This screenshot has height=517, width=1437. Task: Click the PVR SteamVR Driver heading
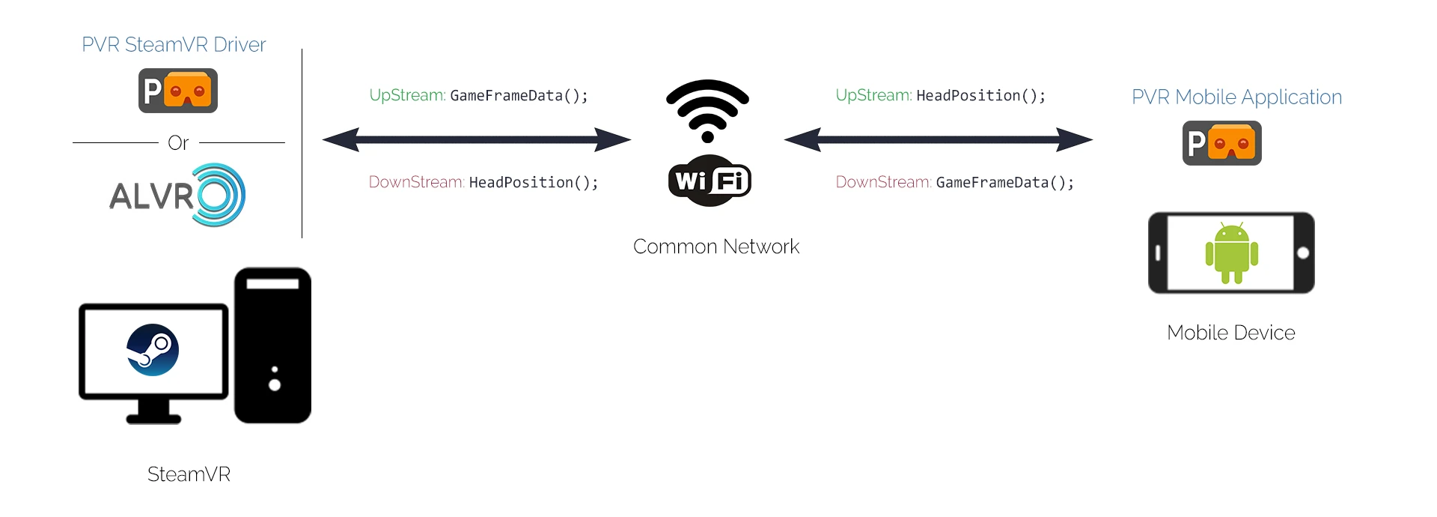pyautogui.click(x=174, y=45)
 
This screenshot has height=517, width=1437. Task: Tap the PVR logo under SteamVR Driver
pyautogui.click(x=178, y=91)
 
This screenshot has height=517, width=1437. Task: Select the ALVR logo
pyautogui.click(x=178, y=195)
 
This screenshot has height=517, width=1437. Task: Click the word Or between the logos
pyautogui.click(x=178, y=142)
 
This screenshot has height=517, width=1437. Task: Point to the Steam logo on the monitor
pyautogui.click(x=153, y=350)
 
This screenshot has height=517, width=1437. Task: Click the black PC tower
pyautogui.click(x=272, y=345)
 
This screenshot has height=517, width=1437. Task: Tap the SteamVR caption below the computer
pyautogui.click(x=189, y=474)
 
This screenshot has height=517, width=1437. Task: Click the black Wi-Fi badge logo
pyautogui.click(x=710, y=181)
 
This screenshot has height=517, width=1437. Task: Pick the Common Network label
pyautogui.click(x=716, y=247)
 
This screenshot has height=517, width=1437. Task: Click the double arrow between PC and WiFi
pyautogui.click(x=477, y=139)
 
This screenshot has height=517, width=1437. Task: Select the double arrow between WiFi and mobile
pyautogui.click(x=939, y=139)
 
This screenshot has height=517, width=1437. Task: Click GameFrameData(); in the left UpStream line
pyautogui.click(x=519, y=96)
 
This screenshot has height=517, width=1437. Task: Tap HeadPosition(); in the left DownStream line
pyautogui.click(x=534, y=183)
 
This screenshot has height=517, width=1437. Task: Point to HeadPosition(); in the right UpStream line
pyautogui.click(x=980, y=96)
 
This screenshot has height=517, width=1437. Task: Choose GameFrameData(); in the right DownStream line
pyautogui.click(x=1004, y=183)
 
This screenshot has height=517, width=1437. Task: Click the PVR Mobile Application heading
pyautogui.click(x=1236, y=97)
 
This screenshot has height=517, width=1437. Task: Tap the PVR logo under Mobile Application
pyautogui.click(x=1222, y=143)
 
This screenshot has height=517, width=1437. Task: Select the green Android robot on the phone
pyautogui.click(x=1231, y=253)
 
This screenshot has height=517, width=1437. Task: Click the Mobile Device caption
pyautogui.click(x=1231, y=333)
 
